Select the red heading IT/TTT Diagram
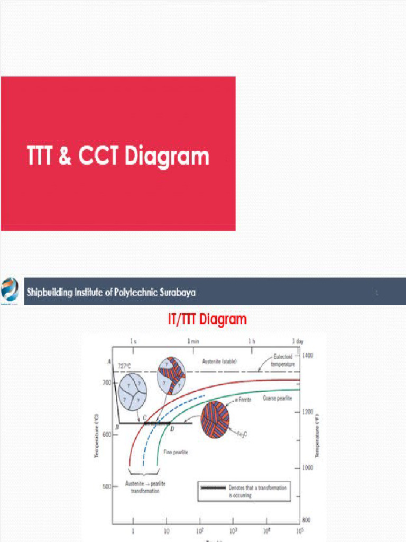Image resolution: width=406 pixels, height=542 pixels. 203,320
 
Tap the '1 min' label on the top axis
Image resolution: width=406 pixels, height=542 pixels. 192,342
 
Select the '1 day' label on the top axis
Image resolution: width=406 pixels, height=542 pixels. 297,342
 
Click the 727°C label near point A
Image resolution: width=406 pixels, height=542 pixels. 125,366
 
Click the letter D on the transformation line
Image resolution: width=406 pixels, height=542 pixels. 172,429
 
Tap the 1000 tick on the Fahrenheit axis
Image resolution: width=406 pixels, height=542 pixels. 307,468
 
